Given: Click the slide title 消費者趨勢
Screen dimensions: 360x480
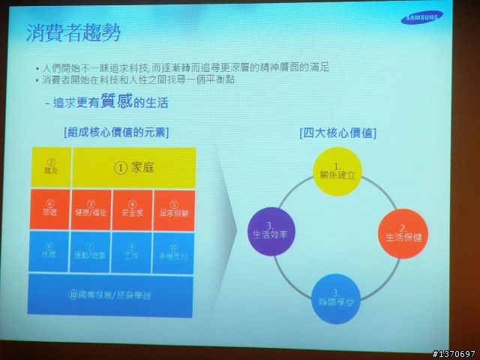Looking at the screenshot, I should point(73,34).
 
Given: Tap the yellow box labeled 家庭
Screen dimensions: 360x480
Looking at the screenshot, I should point(134,168).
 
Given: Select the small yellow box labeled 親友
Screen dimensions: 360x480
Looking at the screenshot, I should point(51,166).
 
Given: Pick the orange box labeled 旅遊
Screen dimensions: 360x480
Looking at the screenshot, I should point(50,209).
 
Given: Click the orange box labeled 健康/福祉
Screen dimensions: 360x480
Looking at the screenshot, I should point(91,209).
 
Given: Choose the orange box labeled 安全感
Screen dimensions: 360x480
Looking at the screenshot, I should point(133,209).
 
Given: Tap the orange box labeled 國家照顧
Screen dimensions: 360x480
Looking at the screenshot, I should point(174,209).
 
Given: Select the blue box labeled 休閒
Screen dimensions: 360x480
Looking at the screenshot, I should point(50,251).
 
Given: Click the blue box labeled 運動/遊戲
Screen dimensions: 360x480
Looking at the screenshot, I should point(91,251).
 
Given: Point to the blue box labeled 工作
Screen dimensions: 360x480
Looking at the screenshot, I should point(133,251).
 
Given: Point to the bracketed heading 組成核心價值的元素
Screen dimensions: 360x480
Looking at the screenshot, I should point(116,132).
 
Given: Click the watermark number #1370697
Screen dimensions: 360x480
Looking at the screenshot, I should point(454,352).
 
